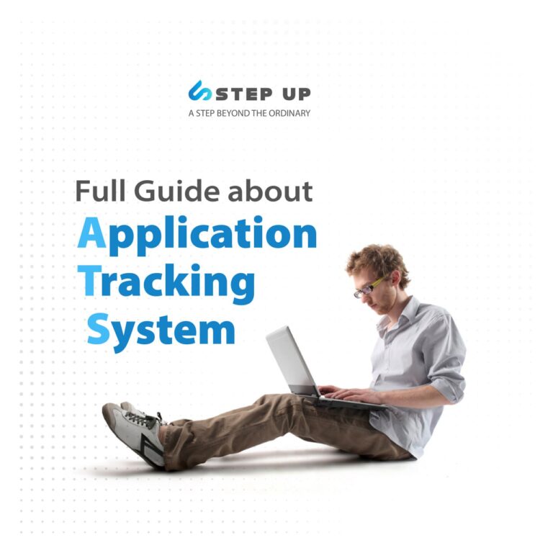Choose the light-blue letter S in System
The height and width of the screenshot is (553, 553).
coord(98,329)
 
